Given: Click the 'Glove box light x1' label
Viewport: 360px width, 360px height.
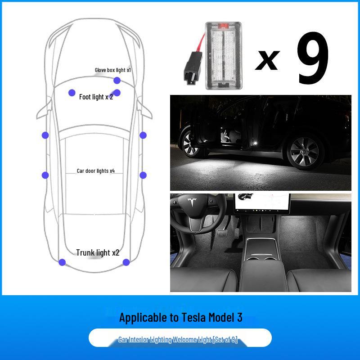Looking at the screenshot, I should [x=112, y=70].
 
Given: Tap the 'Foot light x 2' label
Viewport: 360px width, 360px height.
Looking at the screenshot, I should [x=96, y=97].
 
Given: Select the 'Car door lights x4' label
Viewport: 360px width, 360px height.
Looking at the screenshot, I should [x=95, y=171].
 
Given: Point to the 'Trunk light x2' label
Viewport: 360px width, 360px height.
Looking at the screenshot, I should [x=98, y=253].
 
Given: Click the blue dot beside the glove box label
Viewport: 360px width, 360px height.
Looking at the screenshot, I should [x=117, y=81].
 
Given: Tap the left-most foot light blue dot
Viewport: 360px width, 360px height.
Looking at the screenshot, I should [x=72, y=93].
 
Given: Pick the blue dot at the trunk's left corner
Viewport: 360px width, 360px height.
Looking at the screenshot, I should [x=62, y=262].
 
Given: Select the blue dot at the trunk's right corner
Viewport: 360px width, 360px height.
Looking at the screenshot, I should [x=126, y=262].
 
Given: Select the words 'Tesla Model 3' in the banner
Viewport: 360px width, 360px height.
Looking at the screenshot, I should [x=211, y=318].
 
